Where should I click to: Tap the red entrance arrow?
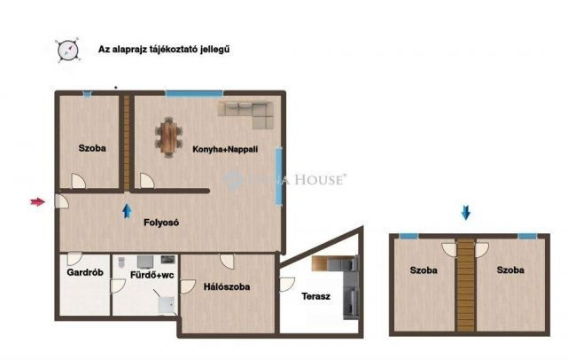(x=37, y=203)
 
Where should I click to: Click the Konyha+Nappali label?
(x=225, y=150)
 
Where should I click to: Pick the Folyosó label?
(x=161, y=223)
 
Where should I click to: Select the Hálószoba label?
(x=226, y=287)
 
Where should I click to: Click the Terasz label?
(x=315, y=296)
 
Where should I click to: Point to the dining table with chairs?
(x=167, y=137)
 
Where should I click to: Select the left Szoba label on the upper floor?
(x=423, y=270)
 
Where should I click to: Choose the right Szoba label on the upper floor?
(x=510, y=270)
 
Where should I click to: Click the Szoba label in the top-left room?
(x=91, y=148)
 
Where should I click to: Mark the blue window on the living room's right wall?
(x=278, y=172)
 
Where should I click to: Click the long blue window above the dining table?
(x=193, y=92)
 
